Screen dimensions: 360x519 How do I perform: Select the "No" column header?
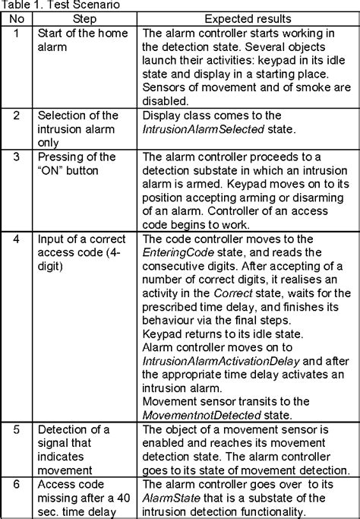pyautogui.click(x=16, y=17)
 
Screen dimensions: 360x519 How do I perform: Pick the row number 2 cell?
pyautogui.click(x=16, y=116)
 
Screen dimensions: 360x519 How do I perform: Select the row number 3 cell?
pyautogui.click(x=16, y=157)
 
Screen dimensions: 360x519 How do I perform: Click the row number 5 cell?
pyautogui.click(x=16, y=430)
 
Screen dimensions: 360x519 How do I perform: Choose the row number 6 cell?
pyautogui.click(x=16, y=484)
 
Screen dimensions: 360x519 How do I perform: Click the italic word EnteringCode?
pyautogui.click(x=176, y=252)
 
